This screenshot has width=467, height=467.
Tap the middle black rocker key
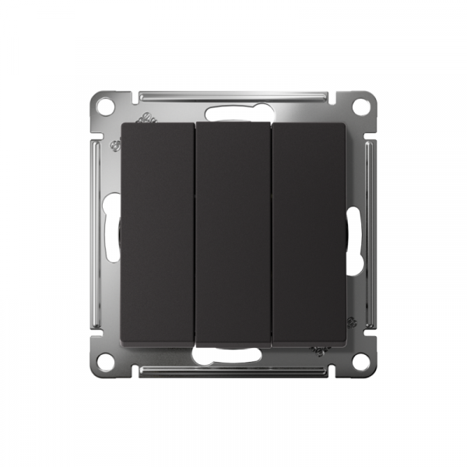click(233, 233)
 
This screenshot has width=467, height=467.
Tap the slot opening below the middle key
click(233, 356)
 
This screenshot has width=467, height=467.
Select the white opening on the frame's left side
click(112, 233)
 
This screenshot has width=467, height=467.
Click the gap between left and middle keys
click(195, 233)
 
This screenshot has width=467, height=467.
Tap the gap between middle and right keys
click(271, 233)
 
